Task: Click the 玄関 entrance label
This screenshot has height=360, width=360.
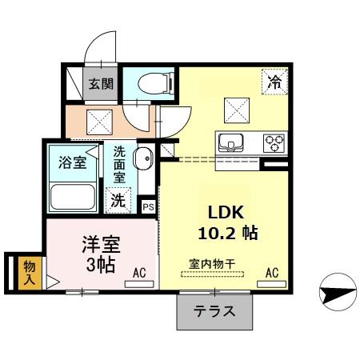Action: (x=101, y=84)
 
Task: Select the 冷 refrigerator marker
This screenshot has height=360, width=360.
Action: (x=274, y=81)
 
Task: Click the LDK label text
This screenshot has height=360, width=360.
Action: (x=226, y=212)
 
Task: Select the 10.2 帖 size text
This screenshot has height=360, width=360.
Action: (x=227, y=234)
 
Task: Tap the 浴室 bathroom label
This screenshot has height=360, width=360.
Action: (x=73, y=162)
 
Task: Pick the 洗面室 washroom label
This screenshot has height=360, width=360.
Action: (x=118, y=163)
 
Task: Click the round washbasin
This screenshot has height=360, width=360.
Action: (x=143, y=158)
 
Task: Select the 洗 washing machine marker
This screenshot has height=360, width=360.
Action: (x=118, y=200)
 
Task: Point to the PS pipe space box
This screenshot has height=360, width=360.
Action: (x=148, y=206)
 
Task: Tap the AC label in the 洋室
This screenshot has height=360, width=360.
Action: (x=139, y=274)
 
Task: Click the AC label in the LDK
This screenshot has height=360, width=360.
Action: (x=271, y=274)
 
